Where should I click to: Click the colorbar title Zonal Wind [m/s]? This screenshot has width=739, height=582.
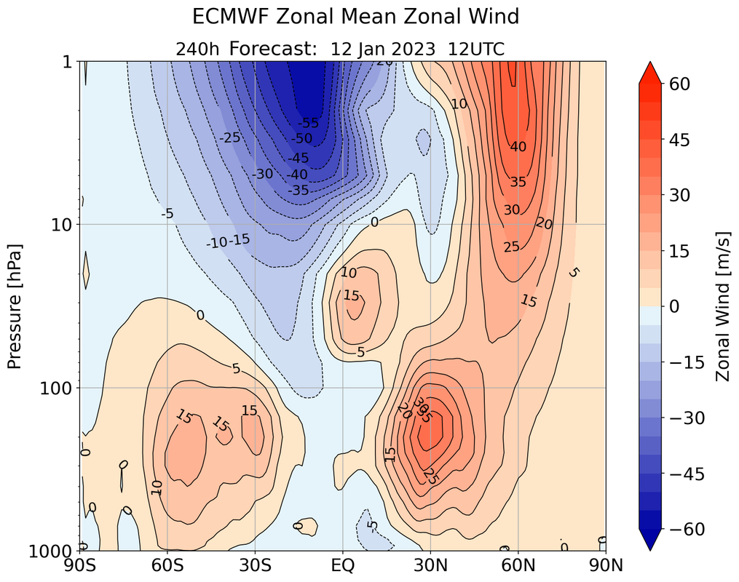(722, 306)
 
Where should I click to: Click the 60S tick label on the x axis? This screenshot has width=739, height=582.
(167, 565)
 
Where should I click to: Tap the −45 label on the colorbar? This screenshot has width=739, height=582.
(684, 474)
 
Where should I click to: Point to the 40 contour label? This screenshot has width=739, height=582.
(518, 146)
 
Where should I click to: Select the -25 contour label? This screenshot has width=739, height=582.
(231, 137)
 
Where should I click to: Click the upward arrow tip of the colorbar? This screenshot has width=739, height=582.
(652, 63)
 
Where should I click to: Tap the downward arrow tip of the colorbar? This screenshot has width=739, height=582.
(652, 549)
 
